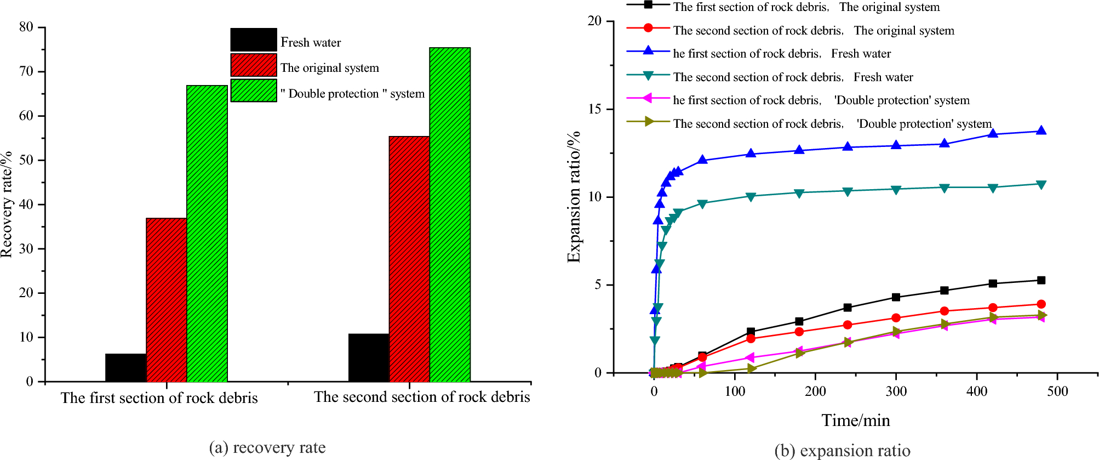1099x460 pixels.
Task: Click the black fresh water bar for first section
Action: (x=125, y=368)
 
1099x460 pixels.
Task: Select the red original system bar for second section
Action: (x=409, y=259)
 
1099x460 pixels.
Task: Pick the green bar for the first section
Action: (x=207, y=234)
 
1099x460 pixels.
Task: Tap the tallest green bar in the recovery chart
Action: (x=450, y=214)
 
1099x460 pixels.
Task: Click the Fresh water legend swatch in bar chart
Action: (x=254, y=39)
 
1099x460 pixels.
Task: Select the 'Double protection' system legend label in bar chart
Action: (x=352, y=94)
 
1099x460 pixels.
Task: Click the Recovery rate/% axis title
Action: (x=7, y=204)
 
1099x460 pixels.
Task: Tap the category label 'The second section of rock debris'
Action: (x=422, y=397)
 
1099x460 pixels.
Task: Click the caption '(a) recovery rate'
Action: (x=267, y=447)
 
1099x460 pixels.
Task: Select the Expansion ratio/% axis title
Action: (x=574, y=197)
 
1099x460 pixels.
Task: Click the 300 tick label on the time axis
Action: (x=896, y=391)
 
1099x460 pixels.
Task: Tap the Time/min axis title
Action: (x=856, y=421)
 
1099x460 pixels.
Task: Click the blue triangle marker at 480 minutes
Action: (x=1041, y=130)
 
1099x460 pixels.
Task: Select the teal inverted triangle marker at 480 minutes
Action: (x=1041, y=184)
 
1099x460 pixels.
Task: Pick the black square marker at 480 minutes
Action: (x=1041, y=280)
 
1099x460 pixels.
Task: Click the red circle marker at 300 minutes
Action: (x=896, y=318)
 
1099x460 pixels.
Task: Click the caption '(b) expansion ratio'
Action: (x=843, y=451)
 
